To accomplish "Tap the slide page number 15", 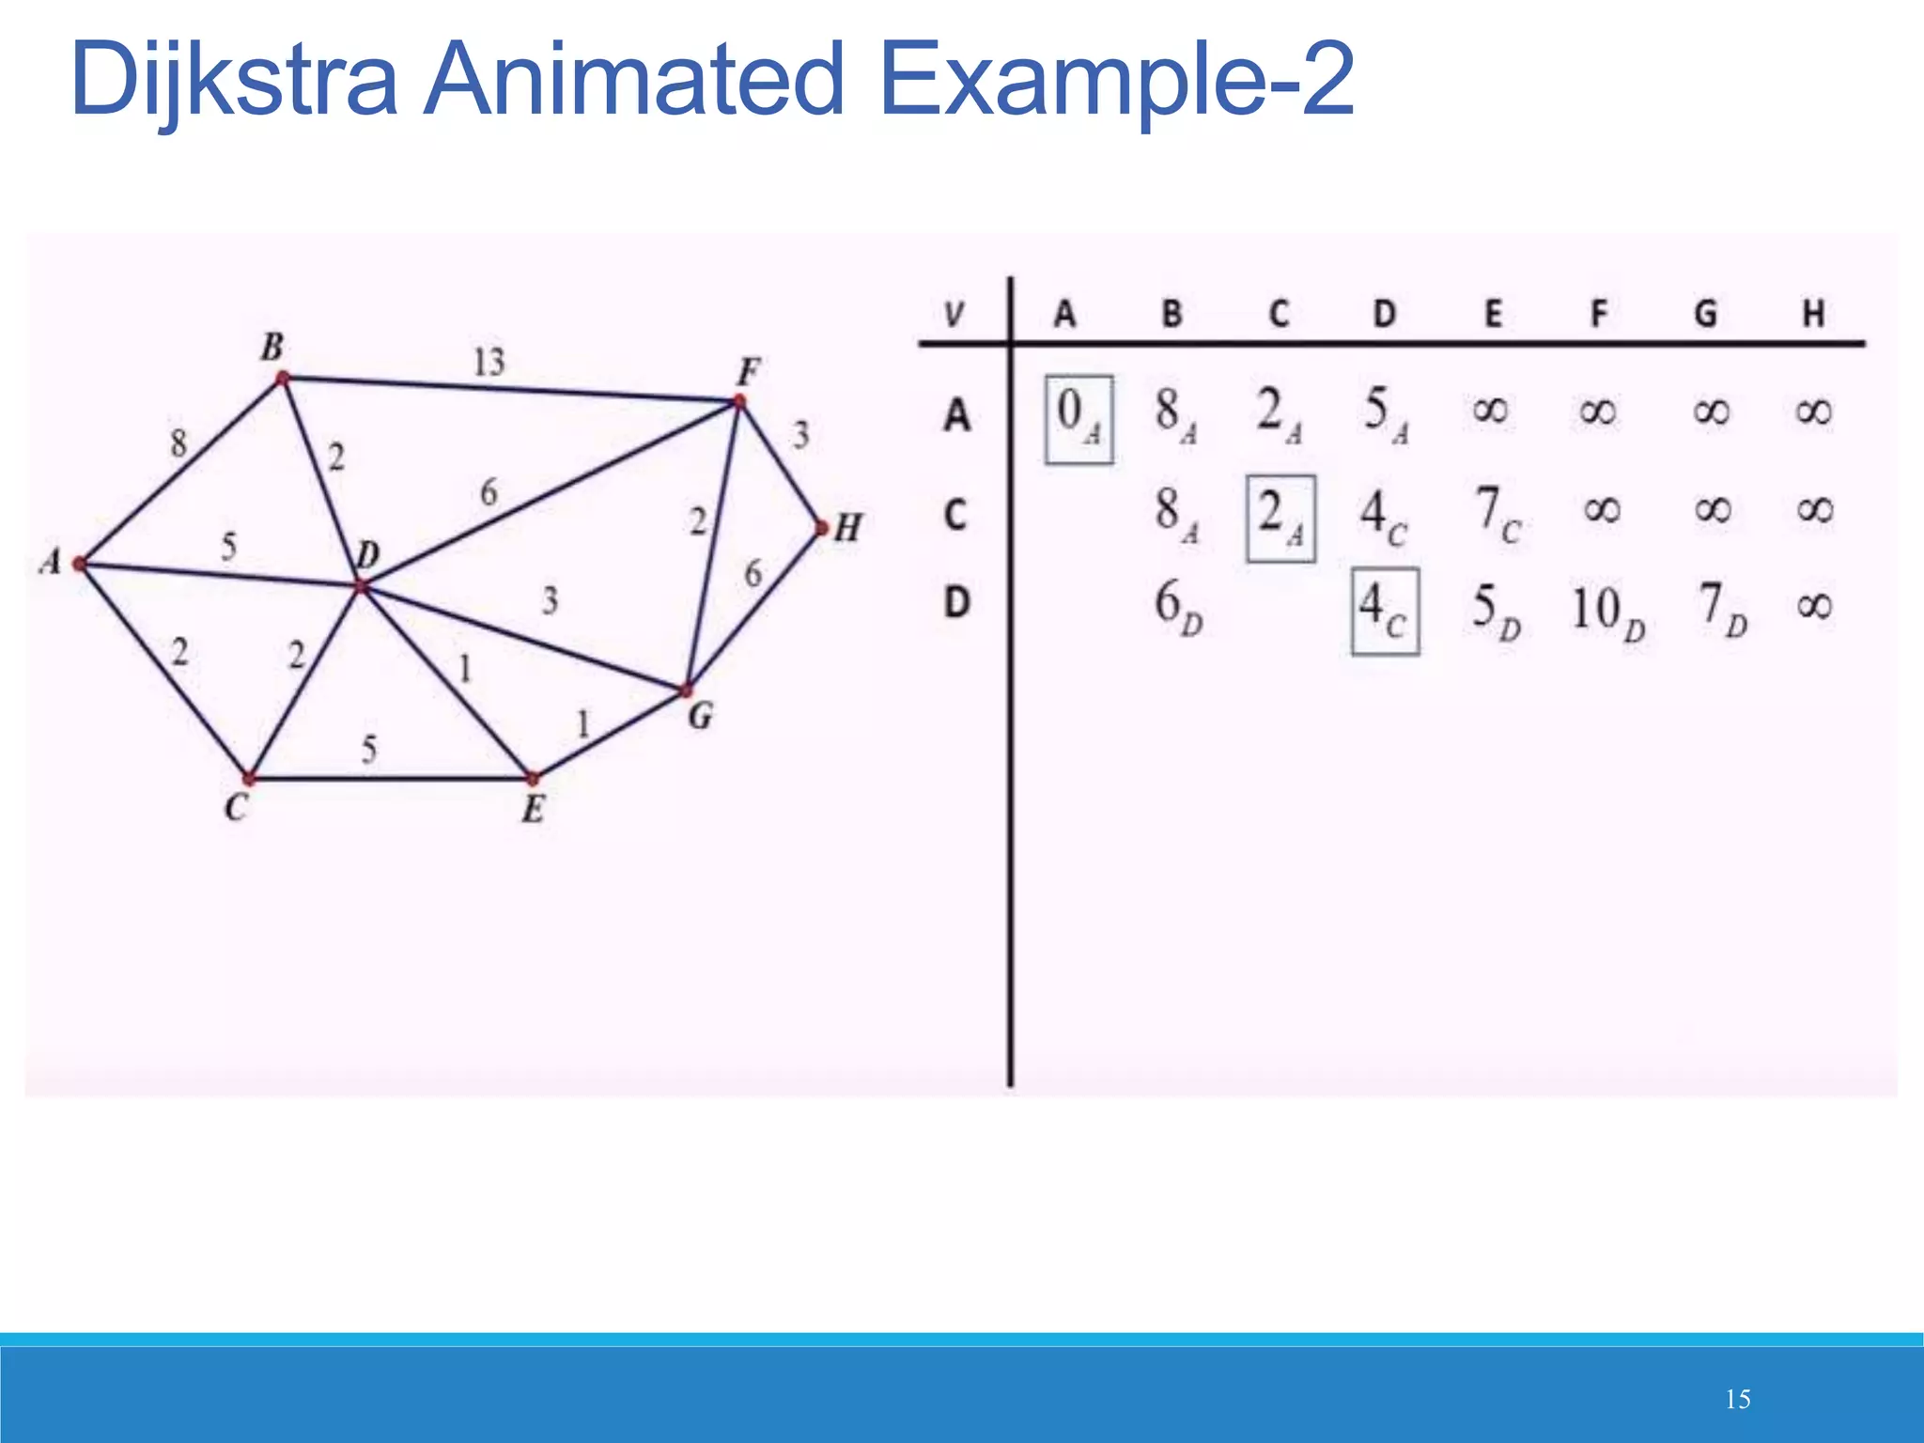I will (x=1737, y=1399).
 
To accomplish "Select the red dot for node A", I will (x=81, y=564).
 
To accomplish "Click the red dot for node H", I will (x=822, y=529).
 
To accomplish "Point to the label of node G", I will (x=701, y=717).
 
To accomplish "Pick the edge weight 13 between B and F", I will (x=489, y=362).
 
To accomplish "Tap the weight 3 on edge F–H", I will (x=800, y=435).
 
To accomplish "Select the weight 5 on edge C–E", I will (x=369, y=749).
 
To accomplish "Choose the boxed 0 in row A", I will (x=1078, y=419).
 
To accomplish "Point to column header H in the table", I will (x=1814, y=313).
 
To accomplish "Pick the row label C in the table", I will (x=955, y=514).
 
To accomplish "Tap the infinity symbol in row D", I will (x=1814, y=606).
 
